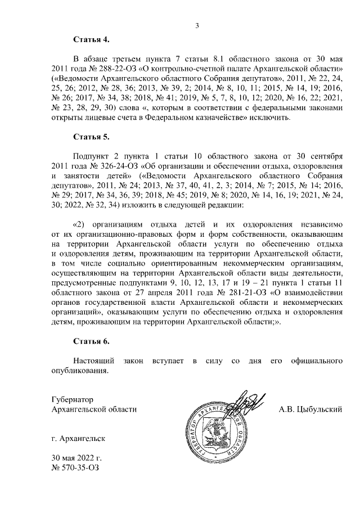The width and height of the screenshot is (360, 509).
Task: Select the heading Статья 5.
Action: (x=91, y=137)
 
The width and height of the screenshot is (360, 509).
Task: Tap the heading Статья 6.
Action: (x=91, y=341)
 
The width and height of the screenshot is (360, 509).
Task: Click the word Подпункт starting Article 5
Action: (x=92, y=156)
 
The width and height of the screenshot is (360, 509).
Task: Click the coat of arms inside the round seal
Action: (x=219, y=434)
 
